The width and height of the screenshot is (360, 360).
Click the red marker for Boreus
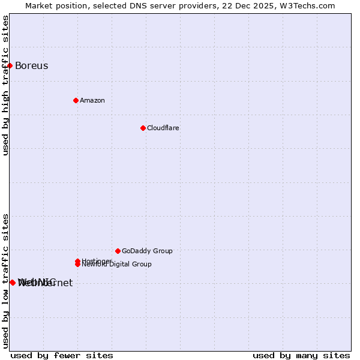10,65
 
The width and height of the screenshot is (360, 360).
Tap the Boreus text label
31,66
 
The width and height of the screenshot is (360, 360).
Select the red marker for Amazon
76,100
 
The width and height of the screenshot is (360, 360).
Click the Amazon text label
92,101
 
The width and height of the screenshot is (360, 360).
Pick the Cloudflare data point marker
143,128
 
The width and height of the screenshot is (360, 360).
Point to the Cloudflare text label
163,128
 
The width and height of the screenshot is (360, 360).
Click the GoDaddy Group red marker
118,251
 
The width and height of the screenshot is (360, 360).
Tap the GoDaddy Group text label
147,251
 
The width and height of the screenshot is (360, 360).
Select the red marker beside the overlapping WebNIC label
13,283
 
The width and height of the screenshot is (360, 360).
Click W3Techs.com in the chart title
307,6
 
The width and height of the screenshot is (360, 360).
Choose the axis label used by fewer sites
62,356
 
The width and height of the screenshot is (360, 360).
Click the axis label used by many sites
301,356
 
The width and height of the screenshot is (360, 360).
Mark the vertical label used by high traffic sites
6,85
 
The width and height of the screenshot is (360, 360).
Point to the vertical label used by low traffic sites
6,281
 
